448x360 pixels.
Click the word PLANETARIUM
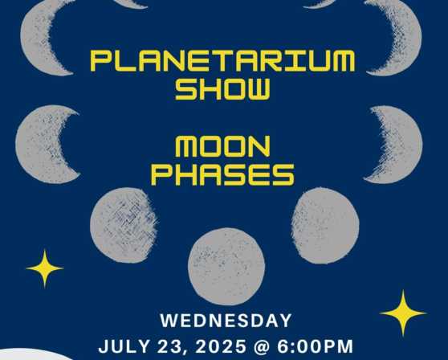[222, 61]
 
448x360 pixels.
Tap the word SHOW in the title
[222, 89]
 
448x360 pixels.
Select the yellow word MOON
[222, 146]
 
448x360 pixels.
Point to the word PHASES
[222, 174]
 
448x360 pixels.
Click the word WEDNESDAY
[226, 321]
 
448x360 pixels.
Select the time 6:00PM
[316, 346]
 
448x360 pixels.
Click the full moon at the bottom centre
[226, 266]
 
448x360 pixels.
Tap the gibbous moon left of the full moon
[124, 225]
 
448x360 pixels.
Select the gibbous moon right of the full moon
[325, 226]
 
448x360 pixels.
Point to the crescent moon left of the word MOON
[35, 145]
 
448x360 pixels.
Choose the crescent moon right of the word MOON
[405, 145]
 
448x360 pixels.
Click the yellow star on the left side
[45, 268]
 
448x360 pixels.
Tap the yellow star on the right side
[403, 313]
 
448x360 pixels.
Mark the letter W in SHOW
[258, 89]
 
